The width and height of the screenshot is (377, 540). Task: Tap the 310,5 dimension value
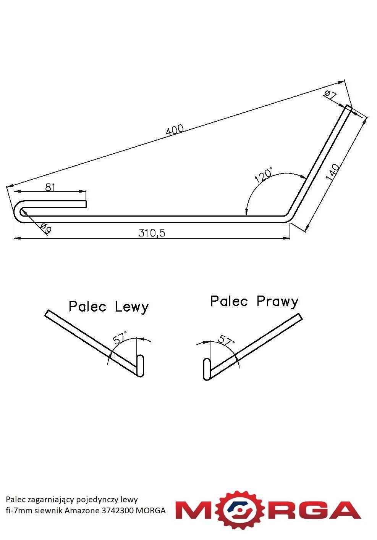point(152,233)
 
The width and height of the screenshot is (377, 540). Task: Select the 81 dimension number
point(50,187)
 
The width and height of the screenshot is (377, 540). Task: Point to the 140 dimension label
point(333,172)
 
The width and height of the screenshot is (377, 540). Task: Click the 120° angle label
point(263,175)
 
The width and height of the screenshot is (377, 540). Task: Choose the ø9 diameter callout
point(46,228)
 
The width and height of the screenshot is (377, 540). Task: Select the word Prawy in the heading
point(277,302)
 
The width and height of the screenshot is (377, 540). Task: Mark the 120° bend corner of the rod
point(289,217)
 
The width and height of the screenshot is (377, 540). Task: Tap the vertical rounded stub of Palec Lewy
point(140,365)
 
